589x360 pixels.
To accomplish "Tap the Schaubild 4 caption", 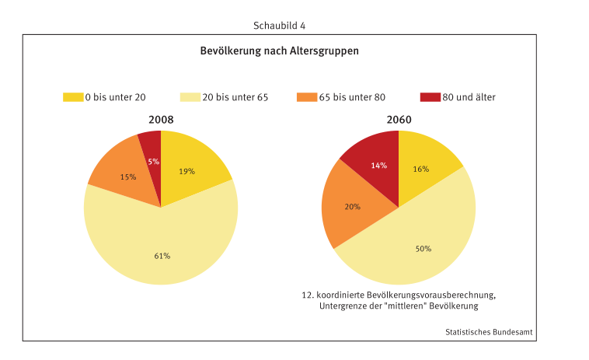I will click(279, 26).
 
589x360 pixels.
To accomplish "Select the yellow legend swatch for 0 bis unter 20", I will click(73, 97).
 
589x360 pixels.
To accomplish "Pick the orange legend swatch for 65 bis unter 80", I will click(306, 97).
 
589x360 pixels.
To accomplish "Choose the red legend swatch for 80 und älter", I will click(430, 97).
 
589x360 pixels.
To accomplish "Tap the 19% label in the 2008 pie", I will click(186, 171).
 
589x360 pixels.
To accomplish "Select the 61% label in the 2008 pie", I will click(162, 256).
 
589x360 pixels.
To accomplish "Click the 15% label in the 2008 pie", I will click(128, 177).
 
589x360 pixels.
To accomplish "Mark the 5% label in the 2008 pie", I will click(153, 162).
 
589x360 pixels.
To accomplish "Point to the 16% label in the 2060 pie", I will click(422, 169).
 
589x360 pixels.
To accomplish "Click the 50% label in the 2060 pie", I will click(423, 249).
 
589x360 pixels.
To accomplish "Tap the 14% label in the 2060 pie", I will click(378, 166).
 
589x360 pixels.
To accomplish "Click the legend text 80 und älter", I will click(469, 97).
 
